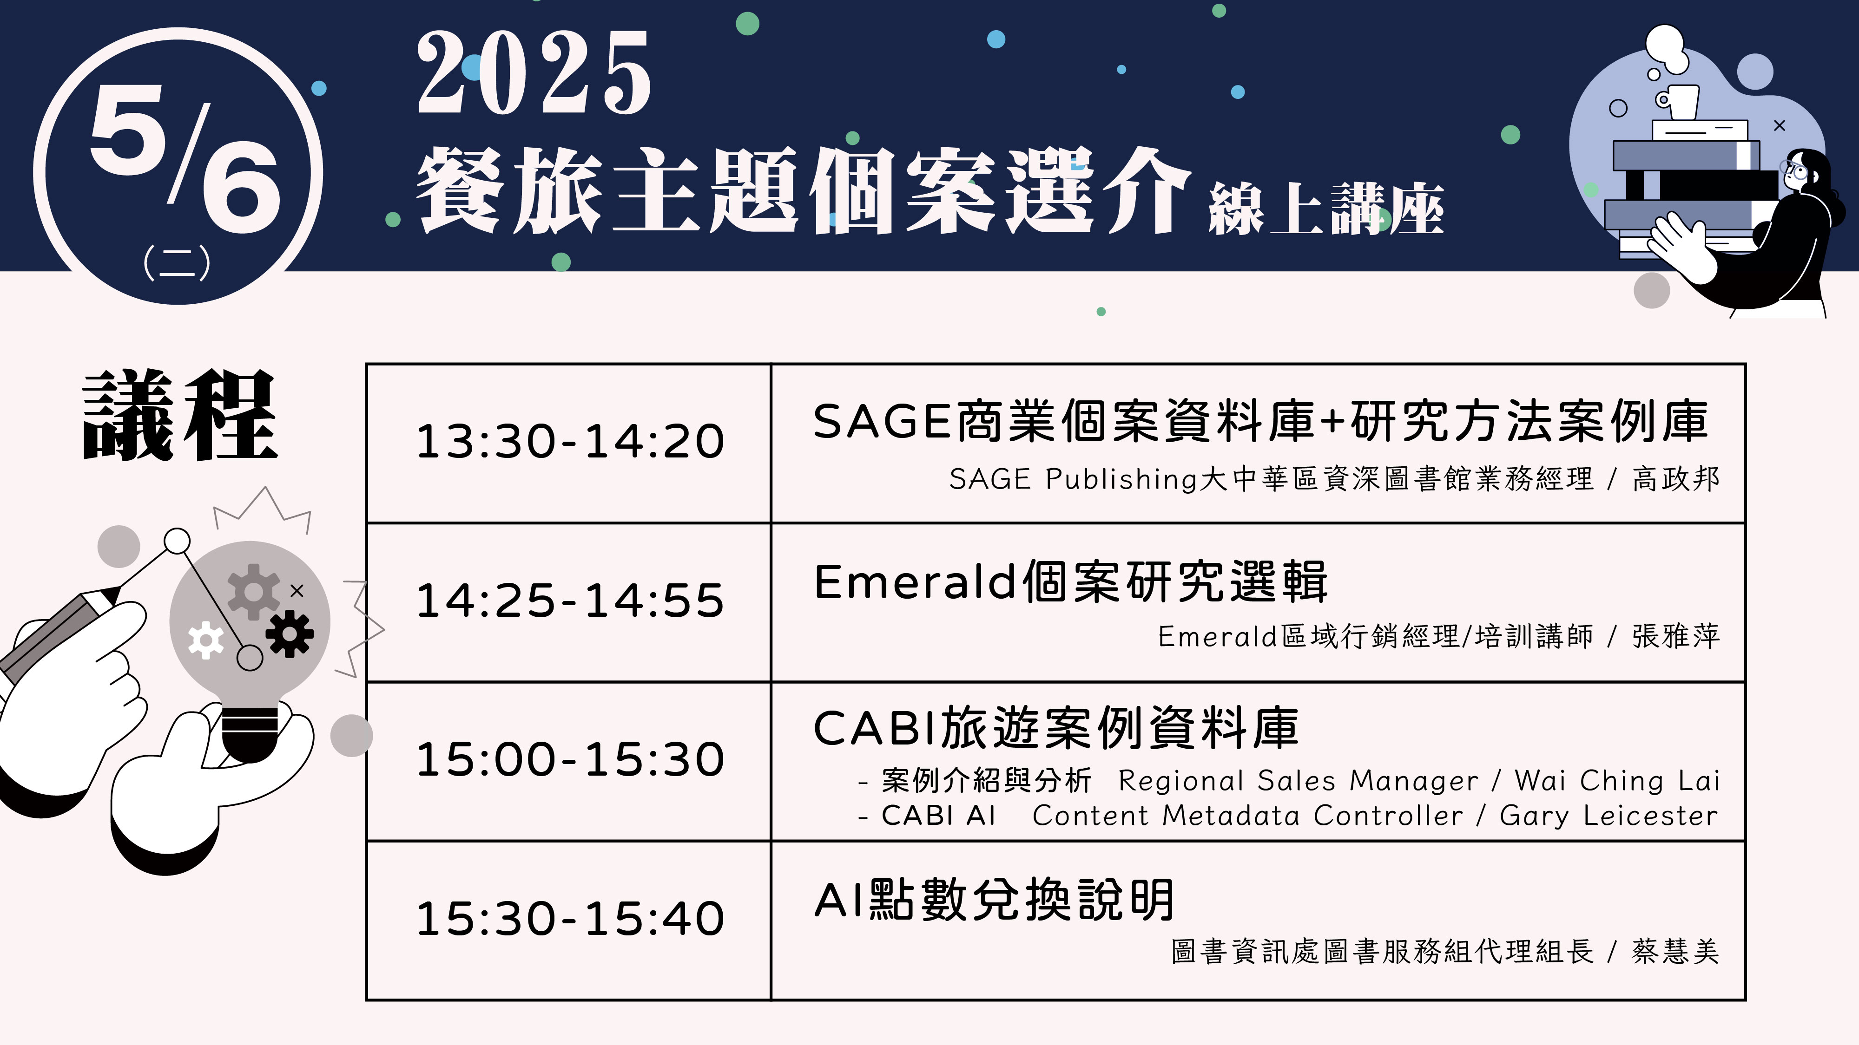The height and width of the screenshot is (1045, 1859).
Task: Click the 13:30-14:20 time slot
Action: coord(570,441)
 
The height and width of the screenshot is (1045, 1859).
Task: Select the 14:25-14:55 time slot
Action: coord(570,601)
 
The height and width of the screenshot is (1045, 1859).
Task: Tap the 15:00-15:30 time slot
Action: coord(570,759)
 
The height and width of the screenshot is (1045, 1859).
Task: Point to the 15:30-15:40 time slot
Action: coord(570,919)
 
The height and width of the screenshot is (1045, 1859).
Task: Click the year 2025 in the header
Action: coord(534,73)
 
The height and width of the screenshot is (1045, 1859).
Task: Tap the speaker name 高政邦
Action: coord(1676,478)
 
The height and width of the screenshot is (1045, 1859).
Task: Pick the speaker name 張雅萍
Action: coord(1676,636)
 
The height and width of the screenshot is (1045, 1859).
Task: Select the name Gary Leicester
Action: coord(1608,816)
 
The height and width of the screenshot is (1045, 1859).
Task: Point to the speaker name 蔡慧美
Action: coord(1676,951)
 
